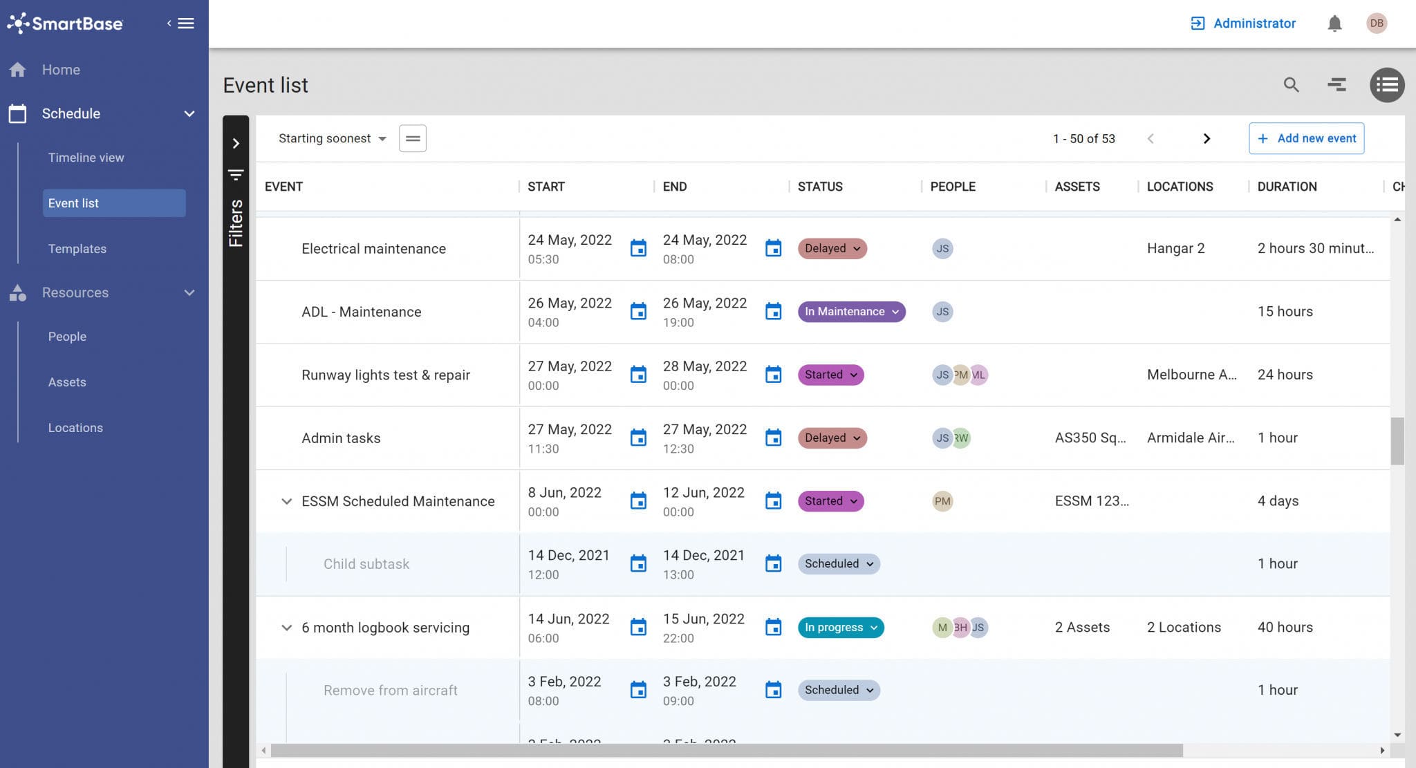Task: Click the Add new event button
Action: coord(1306,138)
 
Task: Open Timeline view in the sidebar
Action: coord(86,158)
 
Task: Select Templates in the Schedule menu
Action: coord(77,249)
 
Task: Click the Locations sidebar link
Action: coord(75,428)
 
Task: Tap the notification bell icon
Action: coord(1334,24)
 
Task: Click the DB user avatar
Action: coord(1377,24)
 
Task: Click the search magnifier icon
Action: coord(1291,85)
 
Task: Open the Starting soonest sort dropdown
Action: coord(332,138)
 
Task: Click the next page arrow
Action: coord(1207,138)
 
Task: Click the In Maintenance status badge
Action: coord(851,312)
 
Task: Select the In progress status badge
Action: coord(840,628)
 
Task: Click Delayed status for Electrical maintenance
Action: coord(832,248)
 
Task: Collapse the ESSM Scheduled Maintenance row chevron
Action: coord(286,501)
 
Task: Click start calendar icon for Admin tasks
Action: coord(638,438)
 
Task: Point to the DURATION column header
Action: coord(1287,187)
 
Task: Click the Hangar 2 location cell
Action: coord(1175,248)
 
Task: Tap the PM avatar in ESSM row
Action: coord(942,501)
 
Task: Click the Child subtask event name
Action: coord(366,564)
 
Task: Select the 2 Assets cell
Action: coord(1082,628)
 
